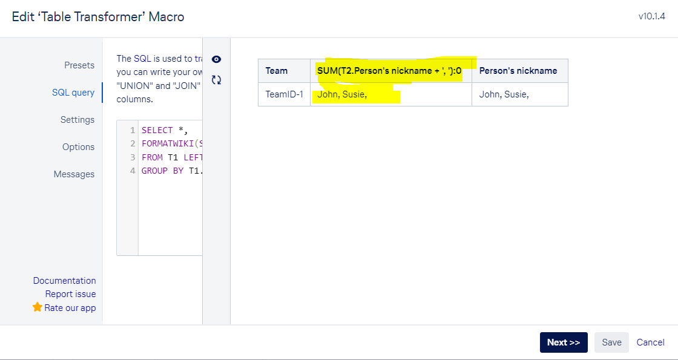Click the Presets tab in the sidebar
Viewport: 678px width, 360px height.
(79, 65)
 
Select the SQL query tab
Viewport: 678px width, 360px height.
(73, 92)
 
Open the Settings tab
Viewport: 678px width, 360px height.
(77, 119)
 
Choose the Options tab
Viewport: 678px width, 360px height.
(78, 147)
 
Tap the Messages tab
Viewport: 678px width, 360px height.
(74, 174)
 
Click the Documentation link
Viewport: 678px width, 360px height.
(64, 281)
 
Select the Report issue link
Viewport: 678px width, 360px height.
(70, 294)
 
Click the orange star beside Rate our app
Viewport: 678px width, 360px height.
(38, 307)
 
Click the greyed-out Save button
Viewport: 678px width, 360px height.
(612, 342)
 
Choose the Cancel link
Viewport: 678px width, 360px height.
(650, 342)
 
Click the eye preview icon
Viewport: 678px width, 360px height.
(217, 59)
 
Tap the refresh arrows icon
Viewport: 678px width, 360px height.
(217, 79)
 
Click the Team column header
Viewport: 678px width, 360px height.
(276, 70)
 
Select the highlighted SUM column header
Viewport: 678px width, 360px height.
(389, 70)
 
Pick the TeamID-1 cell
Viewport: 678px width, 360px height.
(284, 94)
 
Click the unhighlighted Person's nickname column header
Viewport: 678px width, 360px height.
(518, 70)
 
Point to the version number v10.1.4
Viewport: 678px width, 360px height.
(651, 17)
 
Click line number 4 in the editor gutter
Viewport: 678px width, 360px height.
(133, 170)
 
